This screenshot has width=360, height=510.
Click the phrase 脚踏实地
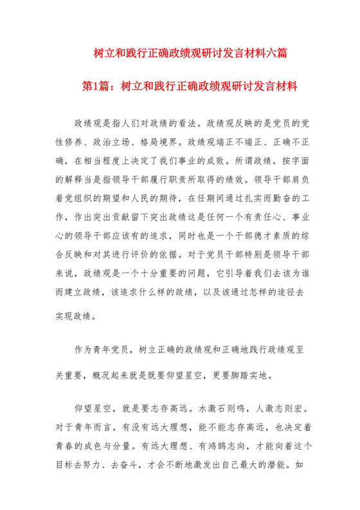click(x=242, y=374)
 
